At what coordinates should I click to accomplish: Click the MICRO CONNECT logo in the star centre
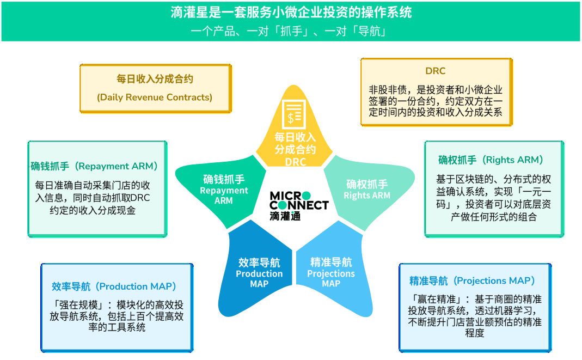298,200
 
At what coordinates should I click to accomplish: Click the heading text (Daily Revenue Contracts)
155,97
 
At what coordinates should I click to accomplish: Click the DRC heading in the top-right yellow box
435,71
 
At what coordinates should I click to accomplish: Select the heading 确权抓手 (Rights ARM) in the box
491,160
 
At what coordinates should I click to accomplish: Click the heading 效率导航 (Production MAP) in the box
114,286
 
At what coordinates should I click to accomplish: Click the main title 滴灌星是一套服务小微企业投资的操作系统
291,13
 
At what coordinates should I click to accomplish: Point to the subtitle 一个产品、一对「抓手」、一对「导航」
291,31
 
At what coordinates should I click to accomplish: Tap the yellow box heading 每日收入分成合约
155,79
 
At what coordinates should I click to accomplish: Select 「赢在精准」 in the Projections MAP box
432,299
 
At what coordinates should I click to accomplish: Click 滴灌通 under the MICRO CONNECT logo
284,216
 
